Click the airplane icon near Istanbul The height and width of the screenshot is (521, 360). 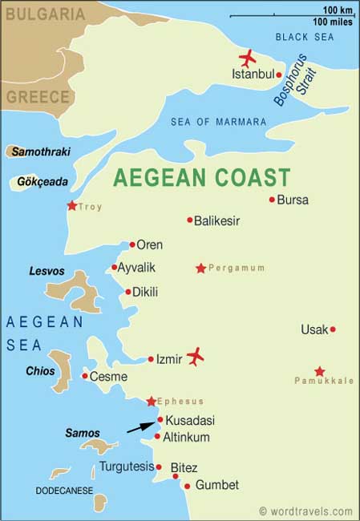pos(248,59)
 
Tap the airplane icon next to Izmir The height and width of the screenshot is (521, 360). pos(195,357)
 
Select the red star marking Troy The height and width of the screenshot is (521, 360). pos(72,206)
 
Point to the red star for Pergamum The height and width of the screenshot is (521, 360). pos(200,269)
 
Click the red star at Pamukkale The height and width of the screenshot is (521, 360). pos(319,371)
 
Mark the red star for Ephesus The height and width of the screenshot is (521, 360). pos(151,401)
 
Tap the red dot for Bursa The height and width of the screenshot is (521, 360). pos(273,200)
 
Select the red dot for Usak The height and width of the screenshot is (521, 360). pos(333,329)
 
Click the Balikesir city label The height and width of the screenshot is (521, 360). pos(217,220)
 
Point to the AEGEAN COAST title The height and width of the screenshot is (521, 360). pos(201,176)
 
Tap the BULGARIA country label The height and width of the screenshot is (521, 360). pos(46,14)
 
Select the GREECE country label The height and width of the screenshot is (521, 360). pos(38,96)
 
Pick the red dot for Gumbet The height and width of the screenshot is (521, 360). pos(187,486)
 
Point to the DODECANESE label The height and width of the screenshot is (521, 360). pos(64,490)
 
